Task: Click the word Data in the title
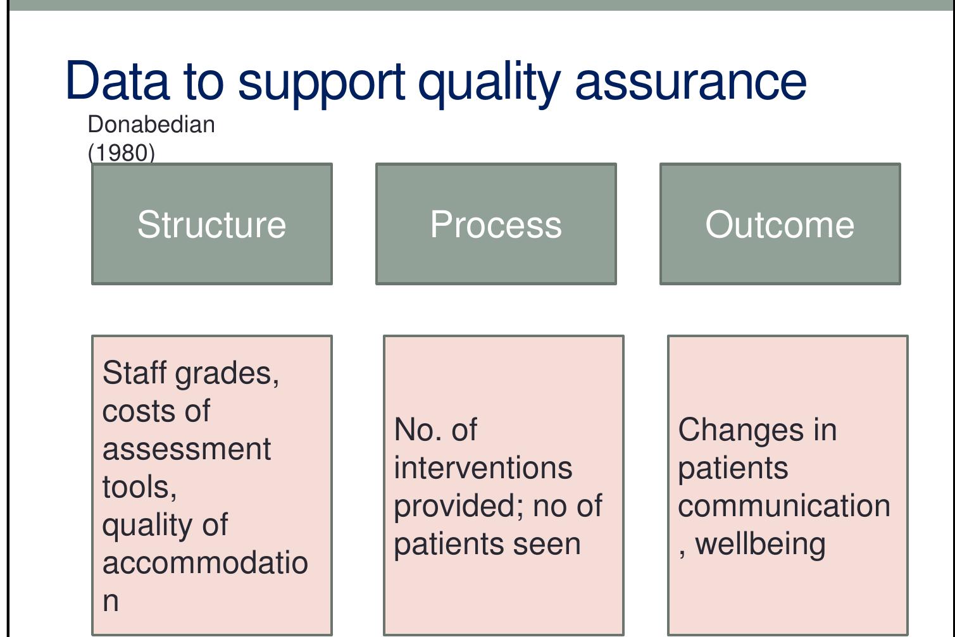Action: coord(118,81)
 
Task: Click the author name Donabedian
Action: coord(151,125)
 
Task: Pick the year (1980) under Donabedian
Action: coord(122,152)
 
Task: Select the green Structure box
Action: coord(212,225)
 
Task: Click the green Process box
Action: coord(496,225)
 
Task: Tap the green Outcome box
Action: coord(780,225)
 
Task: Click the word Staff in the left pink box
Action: coord(135,373)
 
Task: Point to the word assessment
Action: coord(187,449)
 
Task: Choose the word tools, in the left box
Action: coord(139,487)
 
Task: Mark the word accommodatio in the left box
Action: coord(205,563)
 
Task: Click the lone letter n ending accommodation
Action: coord(111,602)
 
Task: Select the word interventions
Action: coord(483,468)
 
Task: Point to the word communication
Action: coord(784,506)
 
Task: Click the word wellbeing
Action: coord(760,544)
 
